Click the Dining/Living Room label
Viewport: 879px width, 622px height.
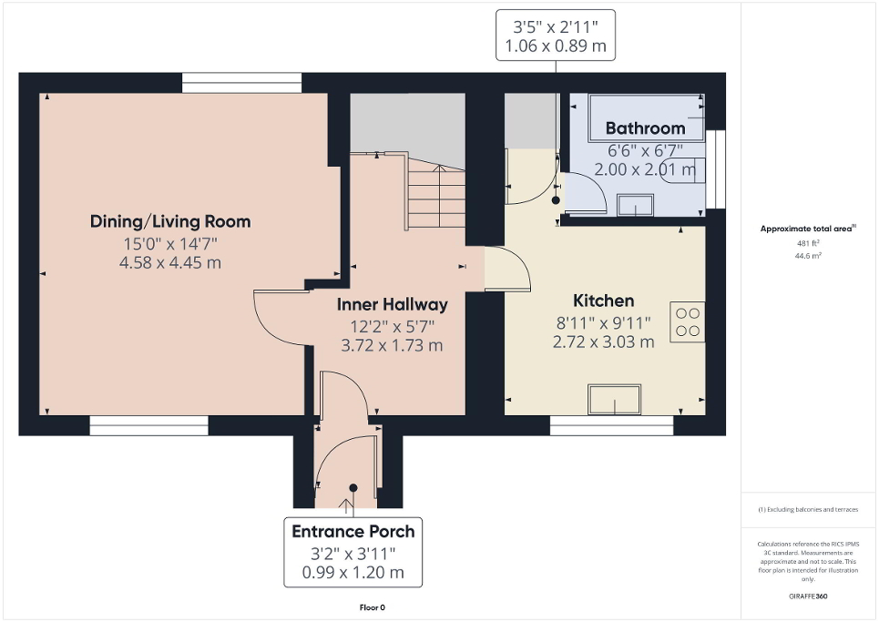point(169,221)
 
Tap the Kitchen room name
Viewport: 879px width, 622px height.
point(603,301)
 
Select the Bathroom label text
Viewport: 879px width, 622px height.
point(645,128)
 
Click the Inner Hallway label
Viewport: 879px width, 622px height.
point(392,305)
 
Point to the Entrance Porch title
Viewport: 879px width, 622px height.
point(353,532)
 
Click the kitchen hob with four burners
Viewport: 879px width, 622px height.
point(688,322)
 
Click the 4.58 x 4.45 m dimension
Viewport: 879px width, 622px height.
point(169,263)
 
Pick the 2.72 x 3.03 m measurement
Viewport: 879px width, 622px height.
point(603,342)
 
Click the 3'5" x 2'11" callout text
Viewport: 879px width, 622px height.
point(554,25)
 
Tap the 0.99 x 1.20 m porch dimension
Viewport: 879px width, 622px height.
point(353,574)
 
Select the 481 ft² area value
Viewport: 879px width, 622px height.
point(809,244)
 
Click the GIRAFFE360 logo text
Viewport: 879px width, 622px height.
point(809,597)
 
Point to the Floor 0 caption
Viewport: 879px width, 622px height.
point(372,607)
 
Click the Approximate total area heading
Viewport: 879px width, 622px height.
point(809,229)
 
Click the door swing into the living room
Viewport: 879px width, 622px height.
point(278,319)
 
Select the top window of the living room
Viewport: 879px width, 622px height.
point(241,83)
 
